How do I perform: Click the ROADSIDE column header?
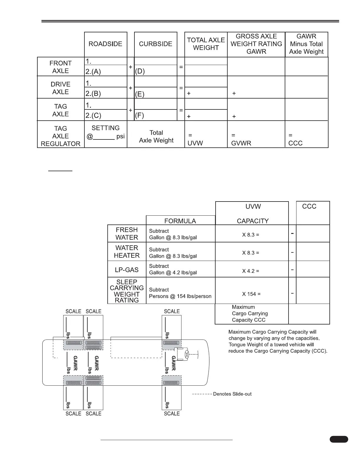tap(105, 44)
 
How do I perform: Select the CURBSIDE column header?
tap(156, 44)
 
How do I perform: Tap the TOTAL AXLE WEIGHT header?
tap(206, 44)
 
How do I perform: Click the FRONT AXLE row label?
tap(61, 67)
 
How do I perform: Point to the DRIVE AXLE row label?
tap(61, 88)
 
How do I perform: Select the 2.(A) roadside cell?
tap(105, 71)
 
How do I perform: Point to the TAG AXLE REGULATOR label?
tap(61, 136)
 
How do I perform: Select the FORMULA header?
tap(180, 221)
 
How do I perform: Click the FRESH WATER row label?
tap(127, 234)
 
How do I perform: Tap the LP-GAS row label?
tap(127, 270)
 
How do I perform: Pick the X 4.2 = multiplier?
tap(251, 271)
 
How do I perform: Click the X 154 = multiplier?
tap(251, 294)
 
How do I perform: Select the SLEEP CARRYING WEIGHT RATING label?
tap(127, 291)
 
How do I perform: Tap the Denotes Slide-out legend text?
tap(232, 394)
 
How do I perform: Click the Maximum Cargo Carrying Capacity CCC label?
tap(250, 314)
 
